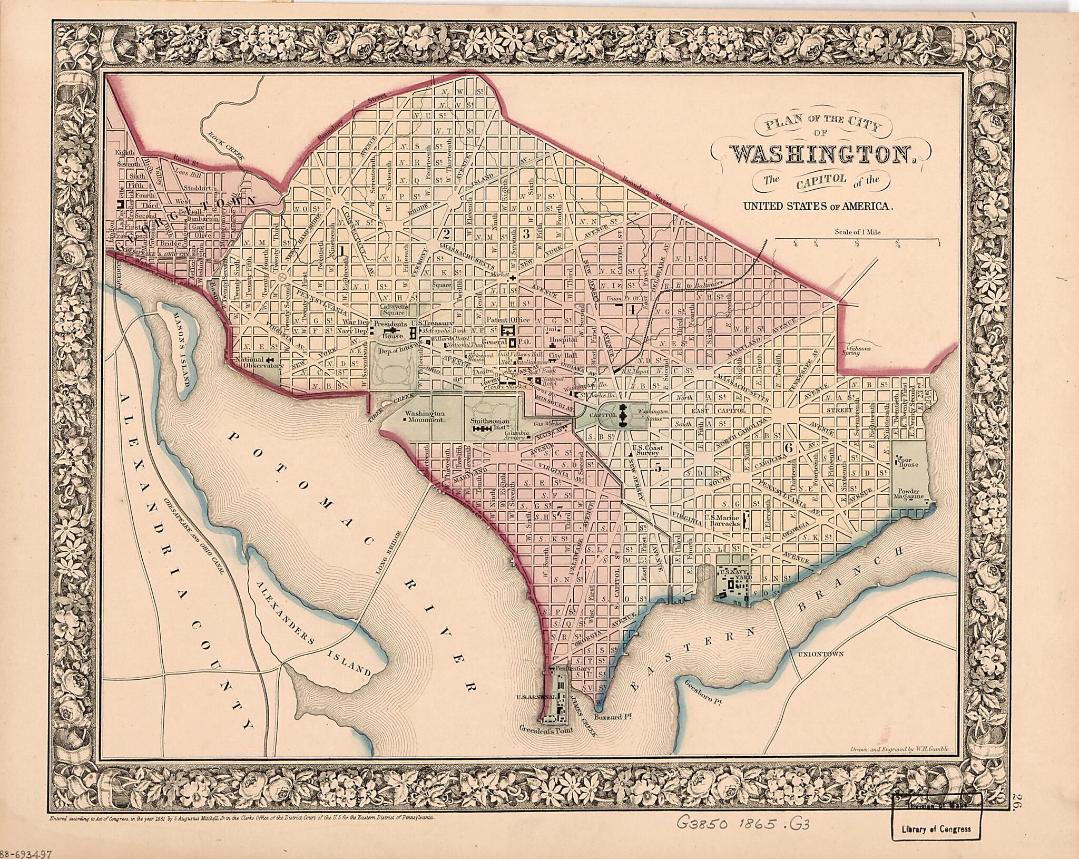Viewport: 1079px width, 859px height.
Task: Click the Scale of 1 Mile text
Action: (857, 231)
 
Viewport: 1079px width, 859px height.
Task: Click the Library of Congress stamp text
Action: (938, 829)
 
